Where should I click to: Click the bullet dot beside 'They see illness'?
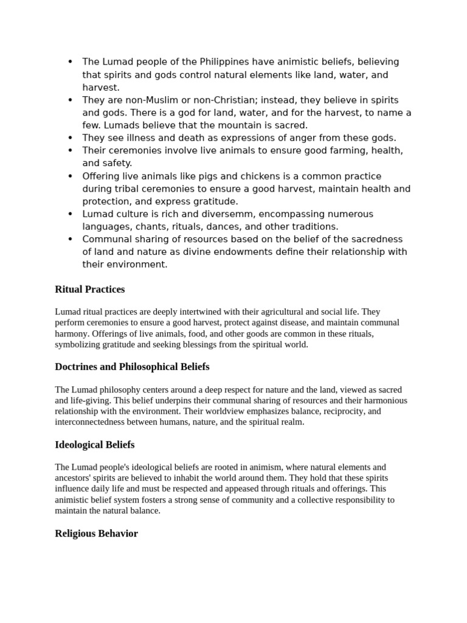click(x=71, y=138)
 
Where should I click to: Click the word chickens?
click(x=239, y=176)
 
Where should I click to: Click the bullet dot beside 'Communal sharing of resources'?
click(x=71, y=239)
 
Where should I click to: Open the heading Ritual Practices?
click(x=89, y=290)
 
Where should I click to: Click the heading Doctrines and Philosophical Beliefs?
click(x=132, y=367)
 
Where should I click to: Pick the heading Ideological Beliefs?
click(x=94, y=445)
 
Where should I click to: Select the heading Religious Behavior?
click(x=96, y=534)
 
